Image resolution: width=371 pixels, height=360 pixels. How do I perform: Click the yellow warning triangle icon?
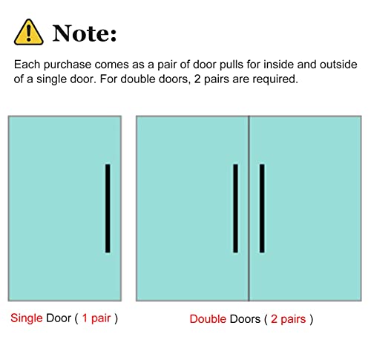click(29, 33)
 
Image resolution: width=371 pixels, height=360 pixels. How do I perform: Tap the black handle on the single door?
click(108, 209)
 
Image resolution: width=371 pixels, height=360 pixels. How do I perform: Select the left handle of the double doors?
click(235, 209)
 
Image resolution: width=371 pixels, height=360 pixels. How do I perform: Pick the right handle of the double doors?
click(262, 209)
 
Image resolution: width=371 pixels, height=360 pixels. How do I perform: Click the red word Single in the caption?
click(27, 318)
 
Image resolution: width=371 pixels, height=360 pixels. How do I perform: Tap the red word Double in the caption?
click(208, 319)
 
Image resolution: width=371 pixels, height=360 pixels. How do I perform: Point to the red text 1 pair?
click(96, 318)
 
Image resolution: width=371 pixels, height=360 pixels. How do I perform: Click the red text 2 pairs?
click(289, 319)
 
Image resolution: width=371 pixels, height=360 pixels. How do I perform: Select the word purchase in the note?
click(68, 65)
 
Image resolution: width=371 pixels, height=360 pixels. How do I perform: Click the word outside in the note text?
click(338, 65)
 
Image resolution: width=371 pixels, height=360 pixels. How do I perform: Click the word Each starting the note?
click(27, 65)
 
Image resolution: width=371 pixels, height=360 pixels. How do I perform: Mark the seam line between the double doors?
click(249, 209)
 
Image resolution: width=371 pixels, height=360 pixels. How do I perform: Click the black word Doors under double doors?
click(245, 319)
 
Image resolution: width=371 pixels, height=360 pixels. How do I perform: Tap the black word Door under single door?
click(59, 318)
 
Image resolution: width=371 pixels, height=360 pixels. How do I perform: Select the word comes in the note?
click(112, 65)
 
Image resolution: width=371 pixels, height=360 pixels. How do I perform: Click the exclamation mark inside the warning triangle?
click(29, 33)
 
